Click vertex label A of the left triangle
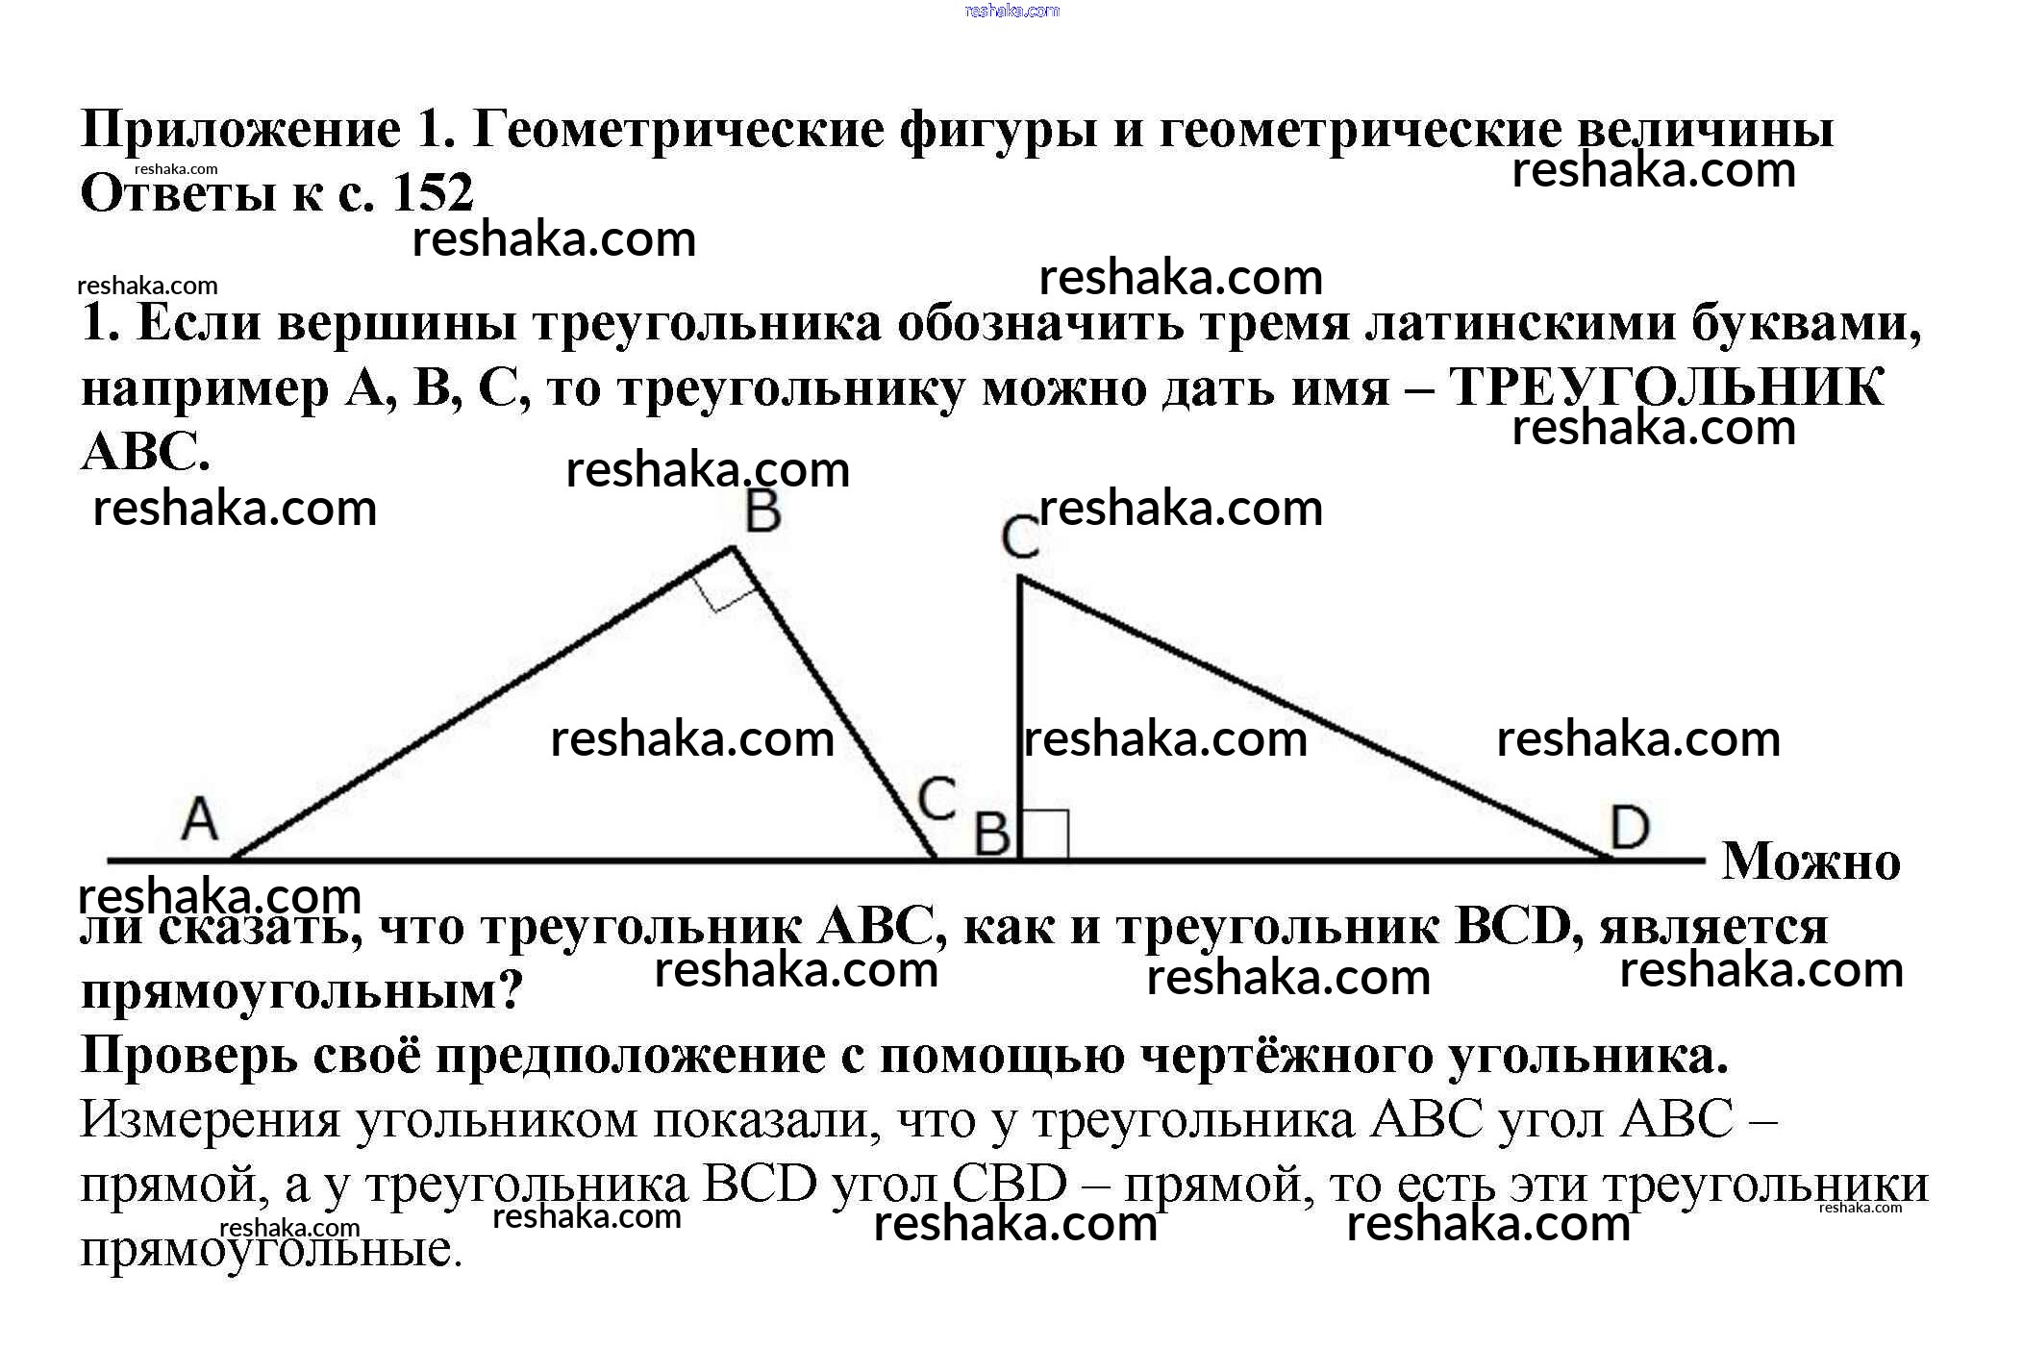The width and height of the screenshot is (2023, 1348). pos(200,820)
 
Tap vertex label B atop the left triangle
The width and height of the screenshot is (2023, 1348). pos(762,512)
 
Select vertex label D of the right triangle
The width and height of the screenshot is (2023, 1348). pos(1629,827)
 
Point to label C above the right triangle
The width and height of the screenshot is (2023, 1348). pos(1020,537)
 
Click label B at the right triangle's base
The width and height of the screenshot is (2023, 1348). pos(992,835)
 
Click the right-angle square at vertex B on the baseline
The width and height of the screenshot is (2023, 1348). pos(1044,834)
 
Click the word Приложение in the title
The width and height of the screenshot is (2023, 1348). pos(240,130)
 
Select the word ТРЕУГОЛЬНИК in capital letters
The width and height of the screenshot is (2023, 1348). pos(1665,388)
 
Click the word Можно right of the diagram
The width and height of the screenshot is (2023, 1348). pos(1811,861)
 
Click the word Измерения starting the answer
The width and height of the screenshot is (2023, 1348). pos(210,1120)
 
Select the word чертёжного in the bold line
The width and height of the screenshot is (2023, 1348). pos(1286,1056)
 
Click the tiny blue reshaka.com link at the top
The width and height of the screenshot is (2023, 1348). pos(1011,12)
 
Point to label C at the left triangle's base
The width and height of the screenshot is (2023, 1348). pos(936,798)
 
